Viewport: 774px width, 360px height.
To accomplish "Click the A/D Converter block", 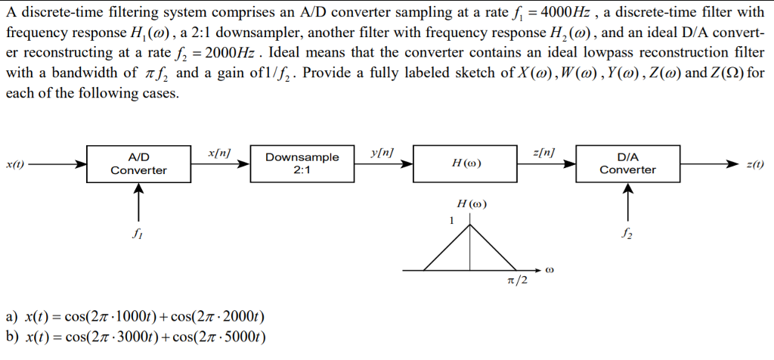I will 138,163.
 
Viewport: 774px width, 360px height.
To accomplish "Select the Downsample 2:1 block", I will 302,163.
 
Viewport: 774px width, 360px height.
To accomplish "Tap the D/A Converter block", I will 627,163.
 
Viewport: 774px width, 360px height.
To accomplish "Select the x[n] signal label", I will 218,153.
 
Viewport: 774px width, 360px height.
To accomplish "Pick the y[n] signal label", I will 382,153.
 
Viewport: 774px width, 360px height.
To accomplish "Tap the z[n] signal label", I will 544,153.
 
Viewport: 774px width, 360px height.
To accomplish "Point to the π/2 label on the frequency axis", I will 518,282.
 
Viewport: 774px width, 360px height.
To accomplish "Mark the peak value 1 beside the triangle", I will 451,221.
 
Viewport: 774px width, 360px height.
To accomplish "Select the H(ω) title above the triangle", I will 471,204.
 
